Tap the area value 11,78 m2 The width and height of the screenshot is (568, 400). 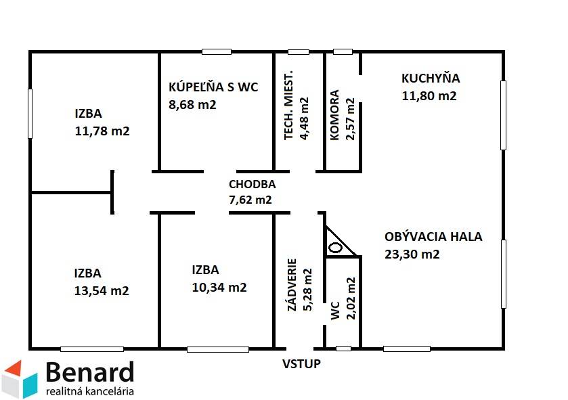(x=102, y=131)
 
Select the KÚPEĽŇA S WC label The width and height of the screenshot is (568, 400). (x=213, y=87)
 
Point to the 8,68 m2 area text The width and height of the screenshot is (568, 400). (x=192, y=104)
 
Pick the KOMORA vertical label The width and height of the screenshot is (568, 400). (x=335, y=115)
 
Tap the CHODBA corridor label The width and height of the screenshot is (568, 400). (x=252, y=184)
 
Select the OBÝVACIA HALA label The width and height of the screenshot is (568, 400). (x=433, y=237)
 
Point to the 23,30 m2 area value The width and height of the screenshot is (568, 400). (x=412, y=254)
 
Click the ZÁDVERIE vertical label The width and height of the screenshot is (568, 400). (x=292, y=284)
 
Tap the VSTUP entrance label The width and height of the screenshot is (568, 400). (x=301, y=363)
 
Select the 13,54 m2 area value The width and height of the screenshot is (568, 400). (x=102, y=291)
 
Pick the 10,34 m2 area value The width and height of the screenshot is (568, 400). (x=219, y=287)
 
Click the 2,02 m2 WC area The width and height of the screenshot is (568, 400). (x=350, y=298)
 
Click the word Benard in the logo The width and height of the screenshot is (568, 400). (x=89, y=372)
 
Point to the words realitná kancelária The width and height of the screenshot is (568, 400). (x=89, y=391)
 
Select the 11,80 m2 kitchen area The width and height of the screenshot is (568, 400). (x=429, y=95)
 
